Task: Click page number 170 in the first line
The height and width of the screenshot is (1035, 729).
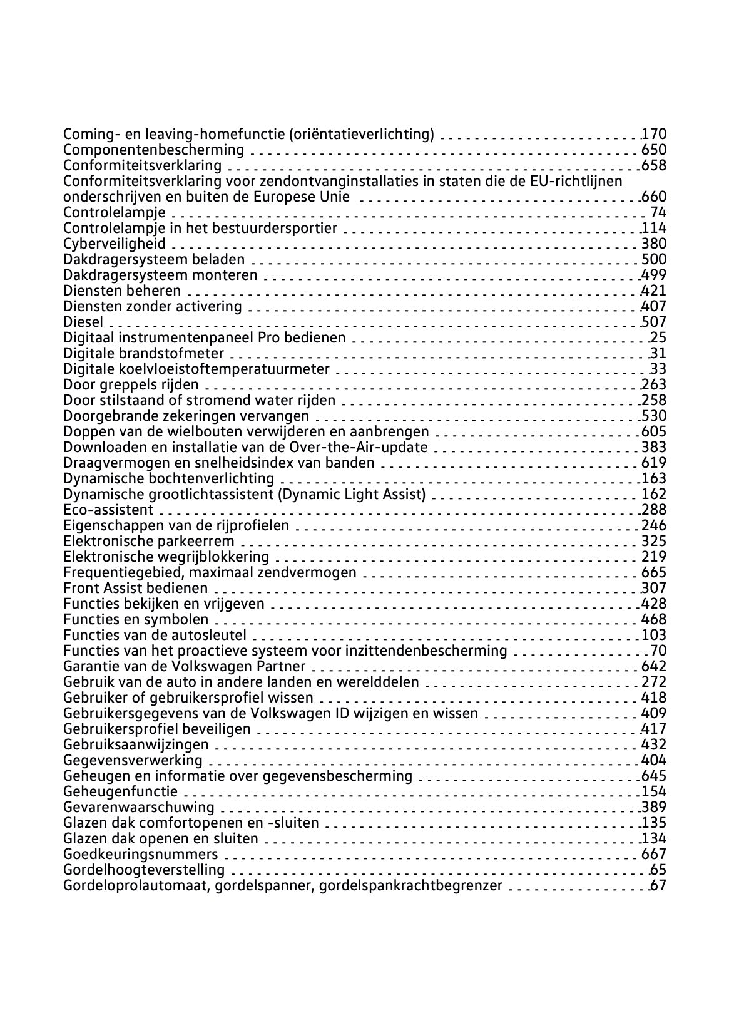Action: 655,134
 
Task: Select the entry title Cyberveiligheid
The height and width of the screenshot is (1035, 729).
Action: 115,244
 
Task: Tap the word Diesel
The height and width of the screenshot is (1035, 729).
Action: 83,322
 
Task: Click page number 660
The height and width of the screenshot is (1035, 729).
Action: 655,197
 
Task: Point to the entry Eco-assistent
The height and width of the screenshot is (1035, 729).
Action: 108,510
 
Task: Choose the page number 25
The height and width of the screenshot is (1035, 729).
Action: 658,337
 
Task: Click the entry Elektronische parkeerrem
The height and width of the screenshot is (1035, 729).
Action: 149,541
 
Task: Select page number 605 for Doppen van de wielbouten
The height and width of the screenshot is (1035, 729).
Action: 655,431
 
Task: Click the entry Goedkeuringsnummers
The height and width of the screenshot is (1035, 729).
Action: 141,854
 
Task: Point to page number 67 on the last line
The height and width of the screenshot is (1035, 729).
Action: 658,885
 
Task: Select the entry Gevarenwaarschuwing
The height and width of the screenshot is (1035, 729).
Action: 139,807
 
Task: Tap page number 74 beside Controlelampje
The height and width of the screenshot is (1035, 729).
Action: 658,212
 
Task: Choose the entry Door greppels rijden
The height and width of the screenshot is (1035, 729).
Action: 131,384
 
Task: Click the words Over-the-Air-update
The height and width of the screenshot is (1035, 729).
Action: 359,447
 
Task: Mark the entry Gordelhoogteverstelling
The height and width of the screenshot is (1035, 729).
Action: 144,870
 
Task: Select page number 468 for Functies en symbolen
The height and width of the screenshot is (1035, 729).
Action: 655,619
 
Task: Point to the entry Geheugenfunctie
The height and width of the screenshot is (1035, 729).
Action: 121,791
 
